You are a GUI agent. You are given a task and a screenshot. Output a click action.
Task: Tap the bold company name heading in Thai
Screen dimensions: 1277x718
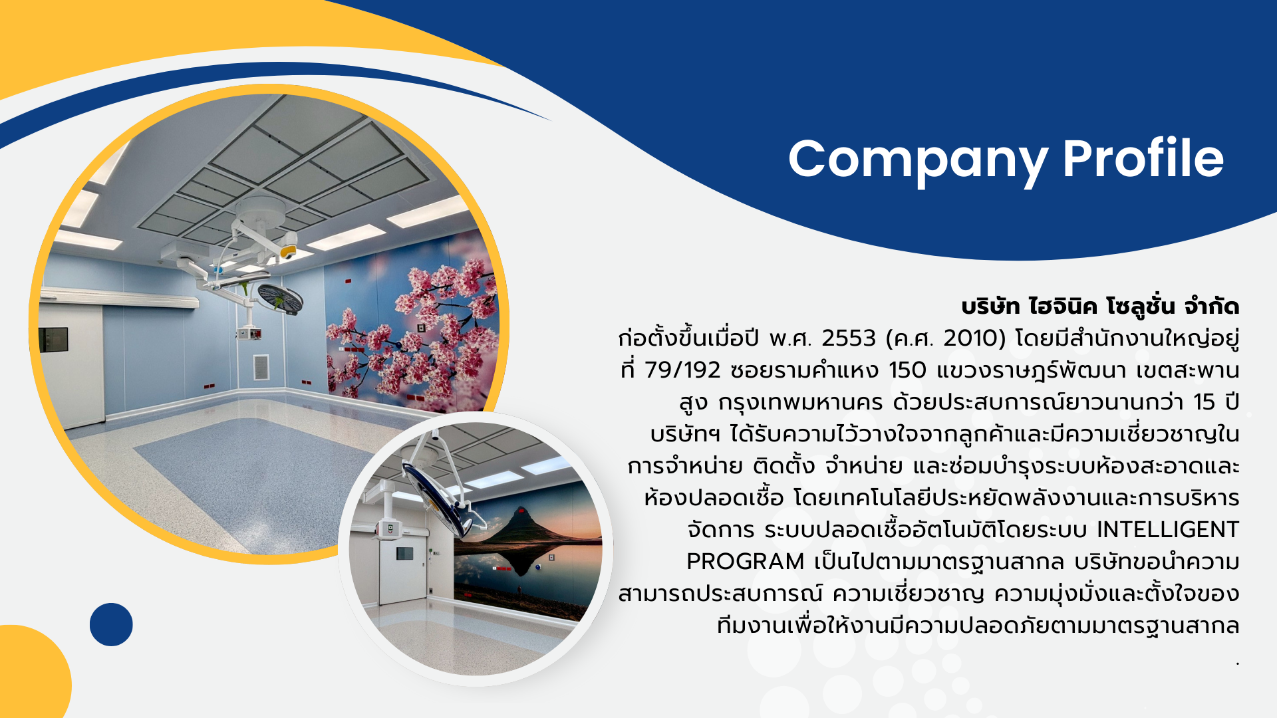point(1100,306)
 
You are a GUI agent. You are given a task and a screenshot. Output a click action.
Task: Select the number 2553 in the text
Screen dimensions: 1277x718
point(849,338)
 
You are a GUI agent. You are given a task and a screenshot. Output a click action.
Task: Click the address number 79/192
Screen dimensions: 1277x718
point(682,370)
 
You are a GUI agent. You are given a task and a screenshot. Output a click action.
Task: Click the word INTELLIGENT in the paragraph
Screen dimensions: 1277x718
point(1168,530)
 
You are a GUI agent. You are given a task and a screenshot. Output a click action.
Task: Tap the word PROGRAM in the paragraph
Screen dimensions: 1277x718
point(745,562)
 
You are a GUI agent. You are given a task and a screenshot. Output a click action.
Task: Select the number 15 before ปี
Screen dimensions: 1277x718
point(1205,402)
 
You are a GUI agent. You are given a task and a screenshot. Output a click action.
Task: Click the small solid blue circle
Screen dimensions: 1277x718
point(111,624)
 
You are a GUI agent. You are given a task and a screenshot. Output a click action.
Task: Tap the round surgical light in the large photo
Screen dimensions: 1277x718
point(279,299)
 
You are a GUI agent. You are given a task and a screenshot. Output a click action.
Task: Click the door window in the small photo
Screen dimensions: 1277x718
point(404,553)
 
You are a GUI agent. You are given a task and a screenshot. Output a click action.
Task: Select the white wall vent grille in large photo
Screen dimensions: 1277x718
point(261,368)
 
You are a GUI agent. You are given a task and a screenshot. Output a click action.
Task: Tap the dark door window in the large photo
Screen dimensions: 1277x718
point(53,340)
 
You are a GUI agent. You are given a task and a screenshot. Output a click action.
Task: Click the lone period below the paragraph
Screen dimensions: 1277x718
point(1237,663)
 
